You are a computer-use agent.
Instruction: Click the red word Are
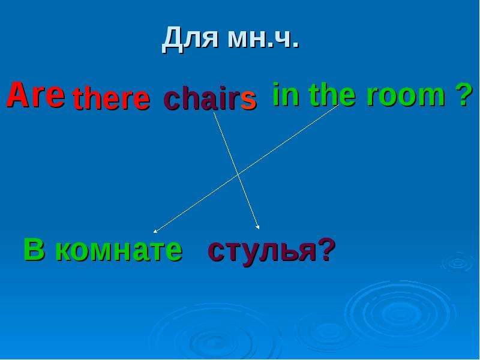35,95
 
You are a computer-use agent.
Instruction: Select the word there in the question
112,98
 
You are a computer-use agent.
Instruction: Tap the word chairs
210,98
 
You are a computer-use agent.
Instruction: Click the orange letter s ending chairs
248,100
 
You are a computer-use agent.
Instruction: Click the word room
406,96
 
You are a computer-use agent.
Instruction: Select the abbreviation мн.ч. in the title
263,40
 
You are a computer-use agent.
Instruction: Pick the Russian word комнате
119,250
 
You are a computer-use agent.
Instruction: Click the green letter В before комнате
34,249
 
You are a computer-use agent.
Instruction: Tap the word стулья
262,251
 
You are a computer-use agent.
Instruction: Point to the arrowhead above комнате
155,232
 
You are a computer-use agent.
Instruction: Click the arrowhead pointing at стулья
258,227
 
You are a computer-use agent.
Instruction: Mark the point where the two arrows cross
238,175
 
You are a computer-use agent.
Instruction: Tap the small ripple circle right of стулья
458,263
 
